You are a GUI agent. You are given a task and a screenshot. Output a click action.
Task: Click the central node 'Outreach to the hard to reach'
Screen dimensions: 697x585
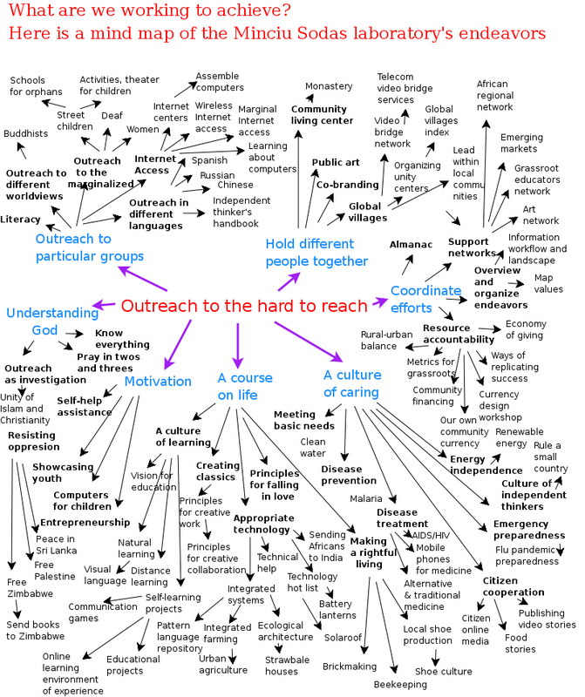[x=244, y=306]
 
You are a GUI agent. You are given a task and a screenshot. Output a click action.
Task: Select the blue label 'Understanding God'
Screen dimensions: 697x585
[x=52, y=321]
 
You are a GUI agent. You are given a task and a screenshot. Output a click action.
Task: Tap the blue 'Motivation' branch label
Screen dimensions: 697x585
[x=157, y=381]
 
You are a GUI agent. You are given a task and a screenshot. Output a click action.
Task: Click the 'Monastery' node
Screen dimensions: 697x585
[x=329, y=86]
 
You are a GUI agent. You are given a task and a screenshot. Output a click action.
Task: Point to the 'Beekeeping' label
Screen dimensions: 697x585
[x=400, y=685]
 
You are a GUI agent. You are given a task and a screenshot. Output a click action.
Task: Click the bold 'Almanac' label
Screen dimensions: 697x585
[x=411, y=245]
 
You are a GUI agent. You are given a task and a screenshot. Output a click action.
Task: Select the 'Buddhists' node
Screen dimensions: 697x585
[x=25, y=133]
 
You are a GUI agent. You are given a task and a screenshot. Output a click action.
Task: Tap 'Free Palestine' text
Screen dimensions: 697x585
[x=55, y=571]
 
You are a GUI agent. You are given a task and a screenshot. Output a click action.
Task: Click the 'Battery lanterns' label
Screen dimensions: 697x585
[x=336, y=609]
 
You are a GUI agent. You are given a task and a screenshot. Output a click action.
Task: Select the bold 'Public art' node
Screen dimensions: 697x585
[x=336, y=162]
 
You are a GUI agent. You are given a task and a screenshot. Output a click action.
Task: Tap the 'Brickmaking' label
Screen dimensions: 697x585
[x=349, y=667]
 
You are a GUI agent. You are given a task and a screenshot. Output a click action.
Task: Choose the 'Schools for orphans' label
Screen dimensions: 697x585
[x=36, y=85]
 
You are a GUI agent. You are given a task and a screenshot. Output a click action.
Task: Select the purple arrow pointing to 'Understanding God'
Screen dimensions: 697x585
[x=104, y=304]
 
